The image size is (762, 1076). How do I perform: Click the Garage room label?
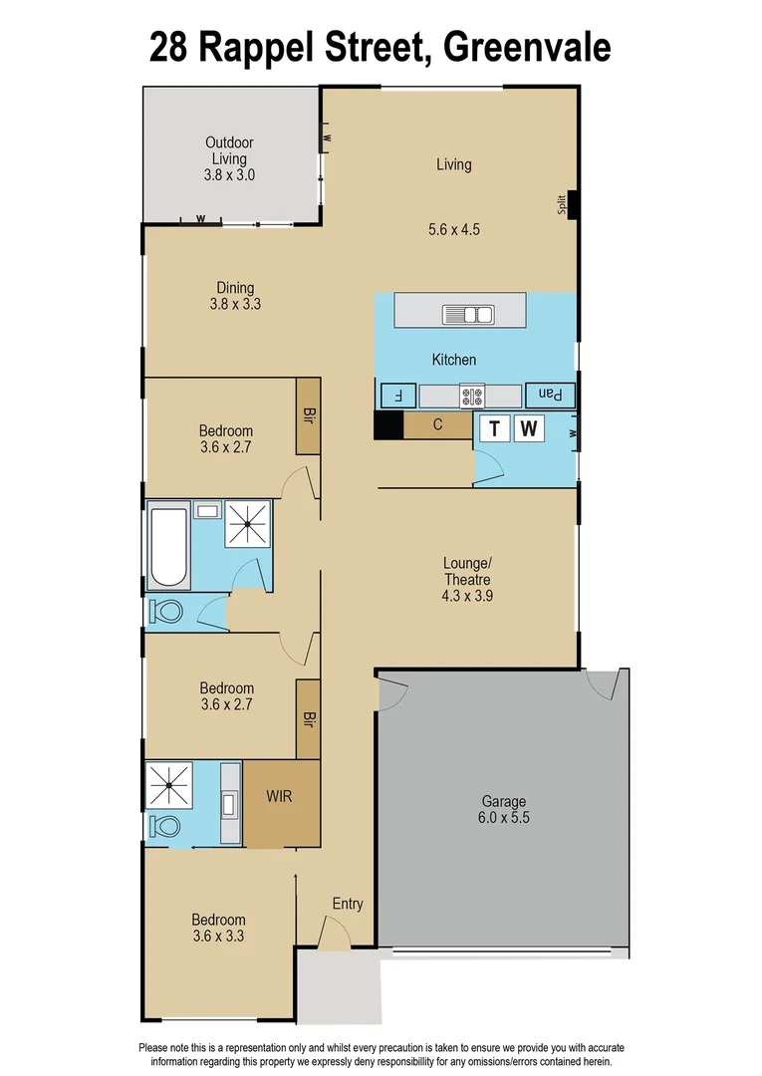(x=503, y=801)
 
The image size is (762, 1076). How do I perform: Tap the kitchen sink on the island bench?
(x=468, y=315)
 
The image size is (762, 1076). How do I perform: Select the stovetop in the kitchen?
(x=471, y=396)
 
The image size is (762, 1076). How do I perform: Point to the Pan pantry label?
(x=551, y=395)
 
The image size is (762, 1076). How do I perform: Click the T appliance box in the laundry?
(x=495, y=429)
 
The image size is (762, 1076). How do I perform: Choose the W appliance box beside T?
(x=531, y=429)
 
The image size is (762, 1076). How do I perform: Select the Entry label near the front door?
(x=348, y=904)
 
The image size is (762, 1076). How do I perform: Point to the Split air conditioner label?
(x=562, y=204)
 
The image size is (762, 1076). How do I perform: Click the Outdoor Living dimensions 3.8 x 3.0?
(x=229, y=174)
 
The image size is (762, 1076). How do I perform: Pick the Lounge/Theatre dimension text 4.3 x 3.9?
(x=467, y=597)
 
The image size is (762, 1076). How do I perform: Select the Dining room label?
(x=235, y=289)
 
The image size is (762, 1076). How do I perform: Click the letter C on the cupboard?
(x=437, y=425)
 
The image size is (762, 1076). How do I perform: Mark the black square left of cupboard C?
(x=387, y=425)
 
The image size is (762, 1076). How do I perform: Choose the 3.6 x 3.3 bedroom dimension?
(x=219, y=936)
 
